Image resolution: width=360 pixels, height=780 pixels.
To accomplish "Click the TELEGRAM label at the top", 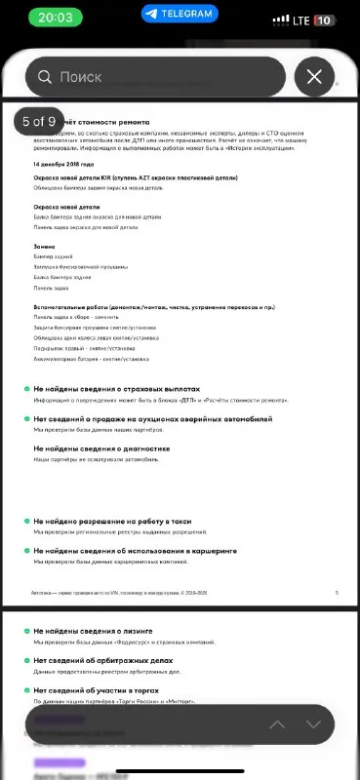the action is [180, 14].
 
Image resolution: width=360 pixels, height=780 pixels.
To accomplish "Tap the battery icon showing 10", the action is [325, 19].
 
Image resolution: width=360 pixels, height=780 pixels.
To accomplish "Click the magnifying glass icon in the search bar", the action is [44, 76].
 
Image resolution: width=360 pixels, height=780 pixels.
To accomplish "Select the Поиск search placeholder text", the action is [80, 76].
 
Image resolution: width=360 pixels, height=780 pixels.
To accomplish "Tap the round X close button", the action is [313, 76].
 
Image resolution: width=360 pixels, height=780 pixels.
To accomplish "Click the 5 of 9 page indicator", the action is [40, 122].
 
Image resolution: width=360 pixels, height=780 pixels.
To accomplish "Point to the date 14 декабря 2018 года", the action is [63, 164].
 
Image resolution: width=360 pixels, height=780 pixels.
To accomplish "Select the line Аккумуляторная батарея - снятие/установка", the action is [91, 359].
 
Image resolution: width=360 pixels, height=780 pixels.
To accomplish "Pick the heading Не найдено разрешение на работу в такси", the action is [112, 522].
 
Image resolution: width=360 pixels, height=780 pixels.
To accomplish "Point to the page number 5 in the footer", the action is [336, 593].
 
